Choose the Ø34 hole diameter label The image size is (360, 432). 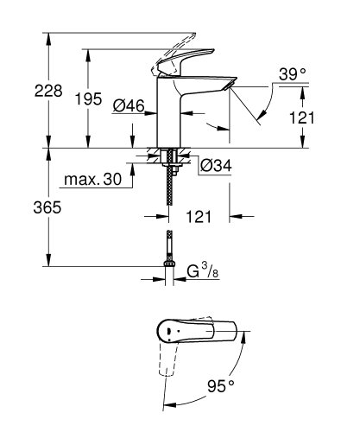click(x=213, y=165)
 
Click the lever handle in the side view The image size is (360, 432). click(x=181, y=54)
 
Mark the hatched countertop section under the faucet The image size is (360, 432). click(x=154, y=157)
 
